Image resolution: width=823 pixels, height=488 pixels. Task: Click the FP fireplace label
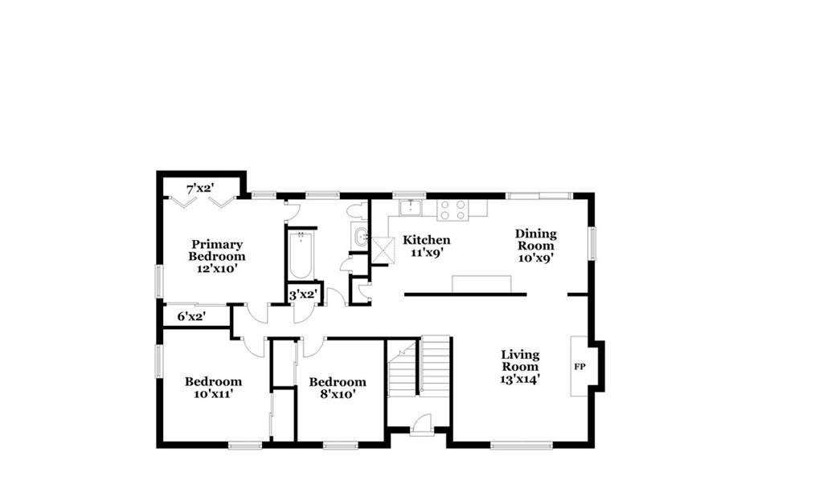point(579,367)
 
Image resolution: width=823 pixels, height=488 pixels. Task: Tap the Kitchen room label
point(426,240)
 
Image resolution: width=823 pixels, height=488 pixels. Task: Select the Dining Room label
point(535,239)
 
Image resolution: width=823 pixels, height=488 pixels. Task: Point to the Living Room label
point(520,360)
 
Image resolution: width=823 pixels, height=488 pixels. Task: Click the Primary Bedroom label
point(217,250)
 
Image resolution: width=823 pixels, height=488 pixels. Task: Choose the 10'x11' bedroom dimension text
point(213,393)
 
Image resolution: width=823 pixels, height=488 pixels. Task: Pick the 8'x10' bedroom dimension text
point(338,394)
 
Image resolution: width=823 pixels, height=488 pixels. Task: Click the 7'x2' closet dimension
point(200,188)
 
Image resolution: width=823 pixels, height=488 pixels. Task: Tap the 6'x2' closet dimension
point(191,316)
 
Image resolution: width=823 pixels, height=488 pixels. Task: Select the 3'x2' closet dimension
point(303,295)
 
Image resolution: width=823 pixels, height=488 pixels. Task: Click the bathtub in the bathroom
point(301,256)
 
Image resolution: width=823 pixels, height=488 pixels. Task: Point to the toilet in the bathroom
point(358,211)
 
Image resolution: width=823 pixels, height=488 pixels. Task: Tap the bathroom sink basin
point(362,237)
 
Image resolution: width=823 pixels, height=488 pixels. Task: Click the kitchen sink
point(410,208)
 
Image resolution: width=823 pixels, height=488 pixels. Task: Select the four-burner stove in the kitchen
point(452,209)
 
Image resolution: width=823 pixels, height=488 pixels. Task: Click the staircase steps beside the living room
point(436,364)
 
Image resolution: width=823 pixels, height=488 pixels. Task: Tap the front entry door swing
point(421,425)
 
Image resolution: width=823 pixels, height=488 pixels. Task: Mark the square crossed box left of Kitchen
point(383,250)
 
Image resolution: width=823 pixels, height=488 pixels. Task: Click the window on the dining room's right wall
point(592,243)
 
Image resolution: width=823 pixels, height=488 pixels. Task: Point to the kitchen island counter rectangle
point(482,283)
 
